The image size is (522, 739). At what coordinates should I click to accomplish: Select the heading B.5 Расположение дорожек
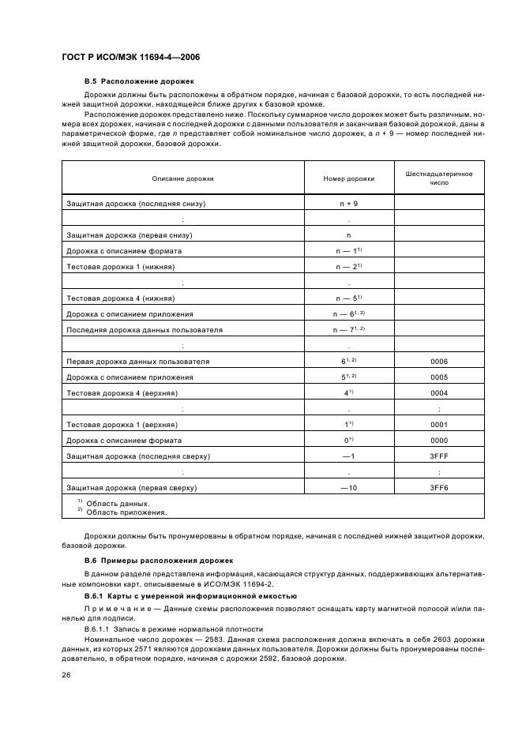(x=138, y=81)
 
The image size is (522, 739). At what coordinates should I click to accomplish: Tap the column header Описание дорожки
(x=182, y=178)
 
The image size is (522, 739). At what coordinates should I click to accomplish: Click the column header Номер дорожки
(x=348, y=178)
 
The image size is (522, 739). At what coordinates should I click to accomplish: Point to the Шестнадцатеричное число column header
(x=438, y=178)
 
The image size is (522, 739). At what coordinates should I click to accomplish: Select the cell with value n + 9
(x=348, y=203)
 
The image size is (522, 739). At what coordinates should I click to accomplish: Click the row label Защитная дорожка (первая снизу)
(x=130, y=235)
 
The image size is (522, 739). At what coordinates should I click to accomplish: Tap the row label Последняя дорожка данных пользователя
(x=145, y=329)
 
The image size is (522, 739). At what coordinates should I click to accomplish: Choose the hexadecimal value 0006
(x=438, y=362)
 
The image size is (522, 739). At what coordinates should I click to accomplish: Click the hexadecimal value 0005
(x=438, y=377)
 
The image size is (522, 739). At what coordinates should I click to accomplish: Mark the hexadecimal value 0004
(x=438, y=393)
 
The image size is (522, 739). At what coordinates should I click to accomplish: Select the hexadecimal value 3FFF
(x=438, y=456)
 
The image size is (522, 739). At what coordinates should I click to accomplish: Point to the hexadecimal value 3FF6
(x=438, y=488)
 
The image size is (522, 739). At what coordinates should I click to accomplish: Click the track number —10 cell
(x=348, y=488)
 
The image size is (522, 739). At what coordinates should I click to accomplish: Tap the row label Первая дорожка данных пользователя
(x=138, y=362)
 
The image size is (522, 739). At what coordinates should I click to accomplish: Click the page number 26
(x=66, y=675)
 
